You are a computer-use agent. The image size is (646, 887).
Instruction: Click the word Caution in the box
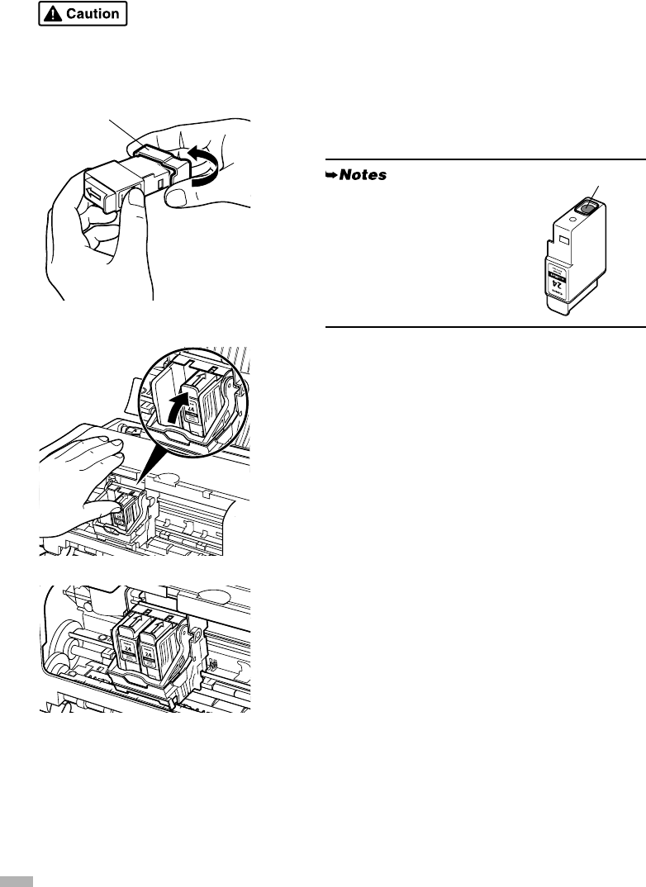pos(93,14)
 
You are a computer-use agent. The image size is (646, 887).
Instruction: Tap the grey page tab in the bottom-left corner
pos(16,880)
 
